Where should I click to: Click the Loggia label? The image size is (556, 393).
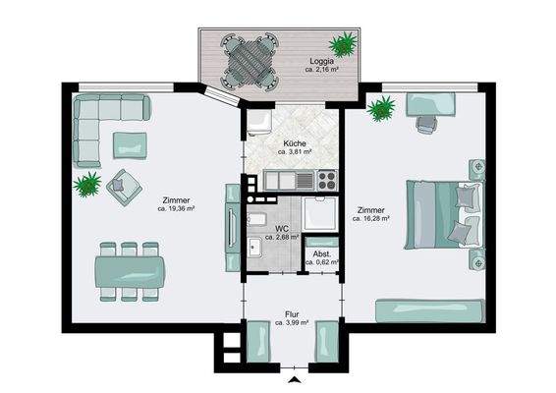point(321,61)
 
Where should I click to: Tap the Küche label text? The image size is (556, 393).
point(295,143)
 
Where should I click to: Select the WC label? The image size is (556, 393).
point(282,228)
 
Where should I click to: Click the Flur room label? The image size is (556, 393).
point(292,314)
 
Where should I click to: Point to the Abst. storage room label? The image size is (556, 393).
point(322,254)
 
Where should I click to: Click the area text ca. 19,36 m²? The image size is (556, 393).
point(176,209)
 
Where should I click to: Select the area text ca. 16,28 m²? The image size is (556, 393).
point(371,219)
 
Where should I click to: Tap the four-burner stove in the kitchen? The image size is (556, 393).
point(327,180)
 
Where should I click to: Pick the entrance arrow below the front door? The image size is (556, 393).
point(295,380)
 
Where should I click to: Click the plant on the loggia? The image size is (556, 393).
point(342,44)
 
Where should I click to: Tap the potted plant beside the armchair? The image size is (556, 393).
point(86,184)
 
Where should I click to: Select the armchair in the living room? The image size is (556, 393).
point(124,188)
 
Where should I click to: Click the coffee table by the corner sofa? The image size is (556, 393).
point(130,145)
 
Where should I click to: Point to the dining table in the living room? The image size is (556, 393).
point(130,272)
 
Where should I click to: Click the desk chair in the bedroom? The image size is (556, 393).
point(426,125)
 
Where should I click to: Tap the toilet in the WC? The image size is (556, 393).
point(256,220)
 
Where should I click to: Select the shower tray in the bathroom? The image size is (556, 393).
point(320,214)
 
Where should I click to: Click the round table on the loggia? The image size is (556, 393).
point(250,61)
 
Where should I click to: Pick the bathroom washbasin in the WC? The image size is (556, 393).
point(254,248)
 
